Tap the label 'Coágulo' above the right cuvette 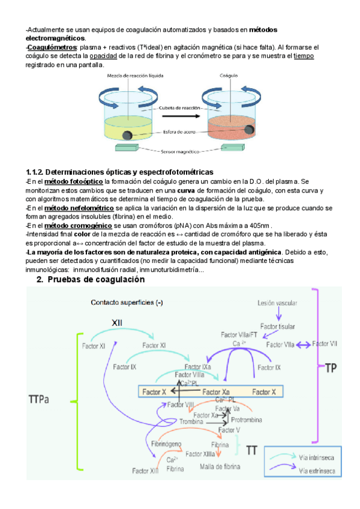(229, 76)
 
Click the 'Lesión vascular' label (277, 304)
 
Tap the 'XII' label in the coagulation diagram (117, 323)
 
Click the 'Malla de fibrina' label (220, 466)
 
